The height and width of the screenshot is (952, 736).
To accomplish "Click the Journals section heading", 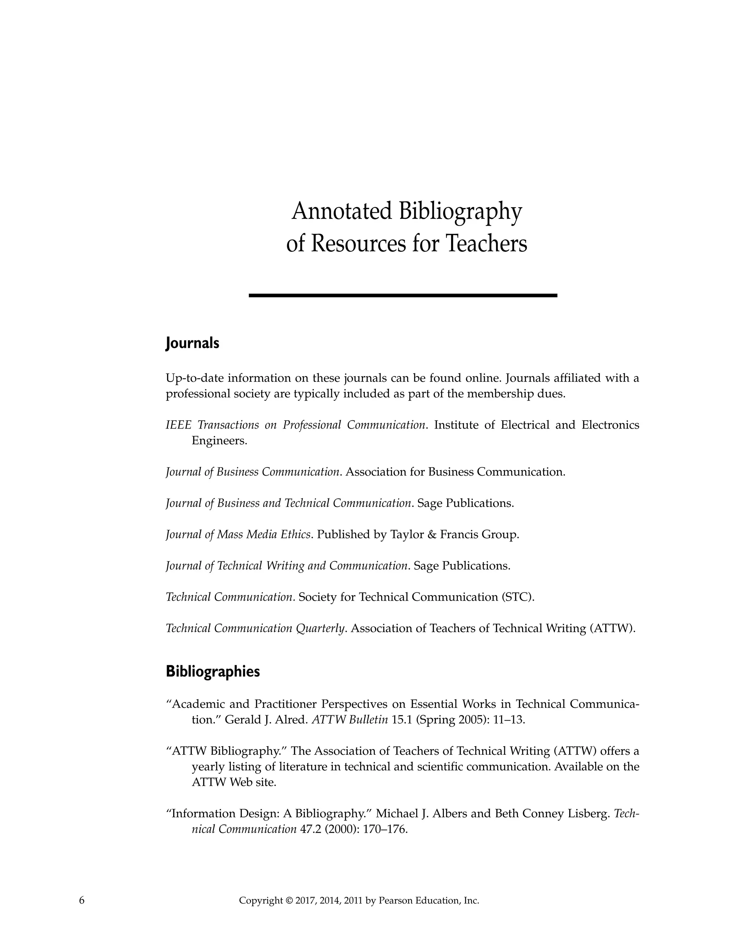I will [192, 343].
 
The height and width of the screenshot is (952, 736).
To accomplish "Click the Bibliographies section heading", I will [213, 671].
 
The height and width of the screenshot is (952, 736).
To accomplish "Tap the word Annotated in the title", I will [342, 212].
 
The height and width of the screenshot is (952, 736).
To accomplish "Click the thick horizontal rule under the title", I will [402, 296].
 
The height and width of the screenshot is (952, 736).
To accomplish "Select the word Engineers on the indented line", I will [219, 441].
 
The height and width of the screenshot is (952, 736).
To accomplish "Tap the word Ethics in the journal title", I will [296, 535].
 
